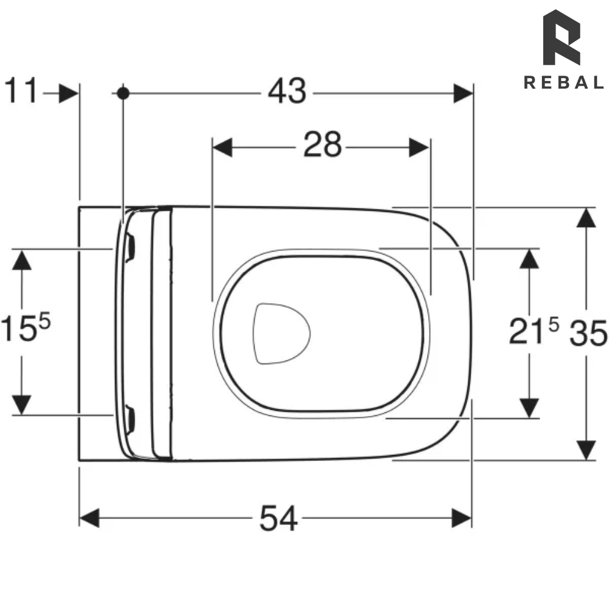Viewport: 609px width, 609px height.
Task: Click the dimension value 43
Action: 287,93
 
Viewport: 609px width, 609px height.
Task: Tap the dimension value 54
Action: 279,519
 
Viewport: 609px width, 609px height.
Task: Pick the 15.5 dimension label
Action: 25,329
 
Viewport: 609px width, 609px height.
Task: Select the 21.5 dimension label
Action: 533,332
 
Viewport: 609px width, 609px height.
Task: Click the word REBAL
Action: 564,83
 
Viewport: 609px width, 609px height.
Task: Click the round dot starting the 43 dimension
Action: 123,93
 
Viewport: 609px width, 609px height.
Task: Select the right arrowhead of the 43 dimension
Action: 463,93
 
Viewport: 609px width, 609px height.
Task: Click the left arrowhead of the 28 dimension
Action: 222,147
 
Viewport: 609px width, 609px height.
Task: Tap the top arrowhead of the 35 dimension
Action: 586,217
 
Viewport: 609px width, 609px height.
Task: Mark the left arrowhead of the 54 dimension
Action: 89,519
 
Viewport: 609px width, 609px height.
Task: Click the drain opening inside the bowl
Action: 281,333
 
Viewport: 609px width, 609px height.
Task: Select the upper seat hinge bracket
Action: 129,248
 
